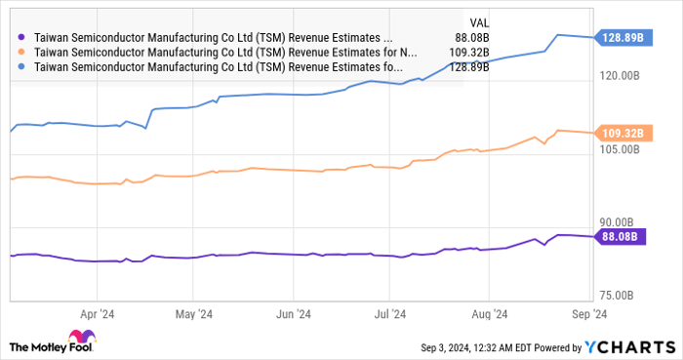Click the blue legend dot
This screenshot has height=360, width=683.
(x=22, y=67)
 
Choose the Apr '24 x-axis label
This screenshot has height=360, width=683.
(x=97, y=314)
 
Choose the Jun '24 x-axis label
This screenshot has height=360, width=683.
(x=293, y=314)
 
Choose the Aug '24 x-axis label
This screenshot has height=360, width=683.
(x=489, y=314)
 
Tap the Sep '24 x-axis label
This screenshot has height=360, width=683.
(x=588, y=314)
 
